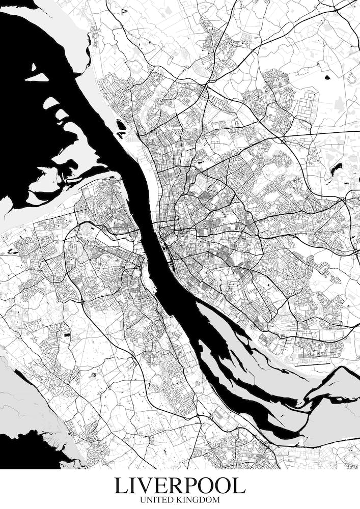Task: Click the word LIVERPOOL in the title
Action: (x=180, y=486)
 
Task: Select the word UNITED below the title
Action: (x=158, y=500)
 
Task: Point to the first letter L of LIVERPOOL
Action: (x=121, y=486)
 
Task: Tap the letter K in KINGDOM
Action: (x=183, y=500)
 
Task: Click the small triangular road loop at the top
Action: (x=124, y=11)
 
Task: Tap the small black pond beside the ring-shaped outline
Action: (x=327, y=78)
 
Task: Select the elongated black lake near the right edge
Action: (x=337, y=168)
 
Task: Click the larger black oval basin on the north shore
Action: (x=121, y=124)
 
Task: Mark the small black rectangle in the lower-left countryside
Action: (x=66, y=334)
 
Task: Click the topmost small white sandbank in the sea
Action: (x=34, y=67)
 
